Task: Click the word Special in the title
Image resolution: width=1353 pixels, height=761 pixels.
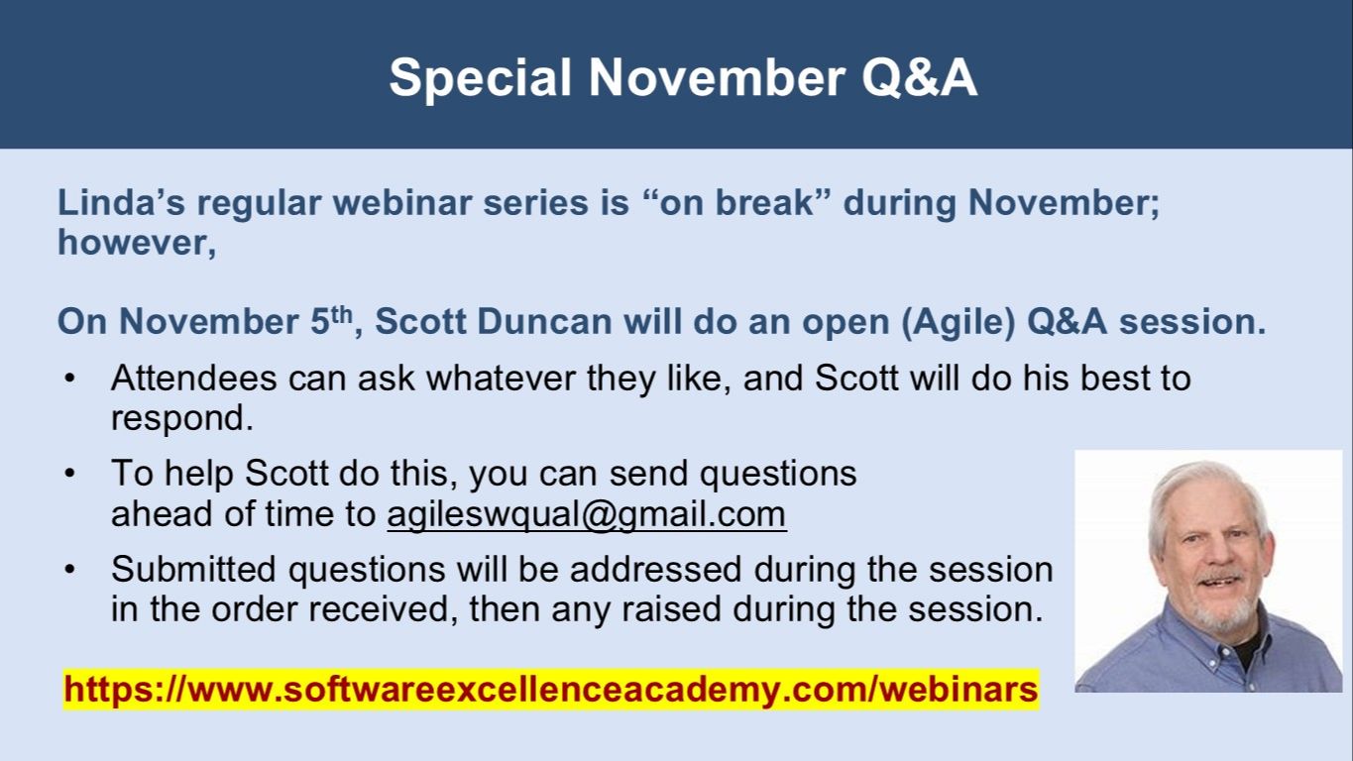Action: point(480,78)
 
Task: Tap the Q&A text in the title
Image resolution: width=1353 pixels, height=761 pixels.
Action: point(919,77)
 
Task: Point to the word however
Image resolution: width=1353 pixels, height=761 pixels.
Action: point(137,243)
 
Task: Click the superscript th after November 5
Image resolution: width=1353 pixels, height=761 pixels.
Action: point(341,314)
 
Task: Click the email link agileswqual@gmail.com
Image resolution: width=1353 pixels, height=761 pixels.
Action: point(587,514)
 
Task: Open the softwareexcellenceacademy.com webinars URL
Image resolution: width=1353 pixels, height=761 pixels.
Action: point(551,689)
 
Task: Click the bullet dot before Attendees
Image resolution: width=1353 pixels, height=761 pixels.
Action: point(69,380)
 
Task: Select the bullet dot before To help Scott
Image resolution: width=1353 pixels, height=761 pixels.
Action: point(69,474)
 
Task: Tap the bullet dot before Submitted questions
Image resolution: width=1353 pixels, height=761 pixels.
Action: point(69,570)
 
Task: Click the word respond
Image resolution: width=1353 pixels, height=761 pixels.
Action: point(181,419)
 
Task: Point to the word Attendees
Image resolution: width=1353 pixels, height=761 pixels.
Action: point(194,379)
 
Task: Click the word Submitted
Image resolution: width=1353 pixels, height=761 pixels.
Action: point(193,569)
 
